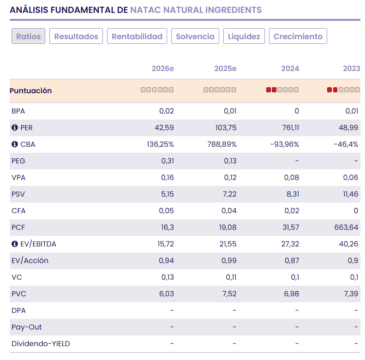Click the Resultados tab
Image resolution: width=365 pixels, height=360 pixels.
tap(76, 36)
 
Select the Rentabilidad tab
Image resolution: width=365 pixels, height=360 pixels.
tap(137, 36)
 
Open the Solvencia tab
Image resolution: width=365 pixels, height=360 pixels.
tap(195, 36)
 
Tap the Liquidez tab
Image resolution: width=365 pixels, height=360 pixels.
tap(244, 36)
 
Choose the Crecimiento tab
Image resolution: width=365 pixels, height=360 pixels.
tap(298, 36)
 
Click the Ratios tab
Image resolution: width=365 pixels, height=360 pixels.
tap(28, 36)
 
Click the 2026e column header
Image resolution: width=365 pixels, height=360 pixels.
tap(162, 69)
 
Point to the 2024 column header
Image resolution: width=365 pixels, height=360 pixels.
tap(290, 69)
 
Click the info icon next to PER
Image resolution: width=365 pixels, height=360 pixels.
tap(14, 128)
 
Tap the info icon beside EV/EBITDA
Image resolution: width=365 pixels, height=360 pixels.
tap(14, 244)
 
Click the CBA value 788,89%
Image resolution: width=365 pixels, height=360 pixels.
tap(222, 144)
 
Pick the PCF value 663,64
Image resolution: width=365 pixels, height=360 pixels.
tap(347, 228)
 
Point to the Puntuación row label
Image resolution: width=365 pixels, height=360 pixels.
tap(30, 91)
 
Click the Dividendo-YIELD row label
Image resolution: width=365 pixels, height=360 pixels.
tap(41, 344)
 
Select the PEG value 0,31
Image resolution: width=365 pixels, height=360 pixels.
tap(168, 161)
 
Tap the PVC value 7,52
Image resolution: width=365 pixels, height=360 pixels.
tap(229, 294)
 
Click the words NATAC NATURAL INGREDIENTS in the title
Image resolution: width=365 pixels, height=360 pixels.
tap(196, 10)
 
